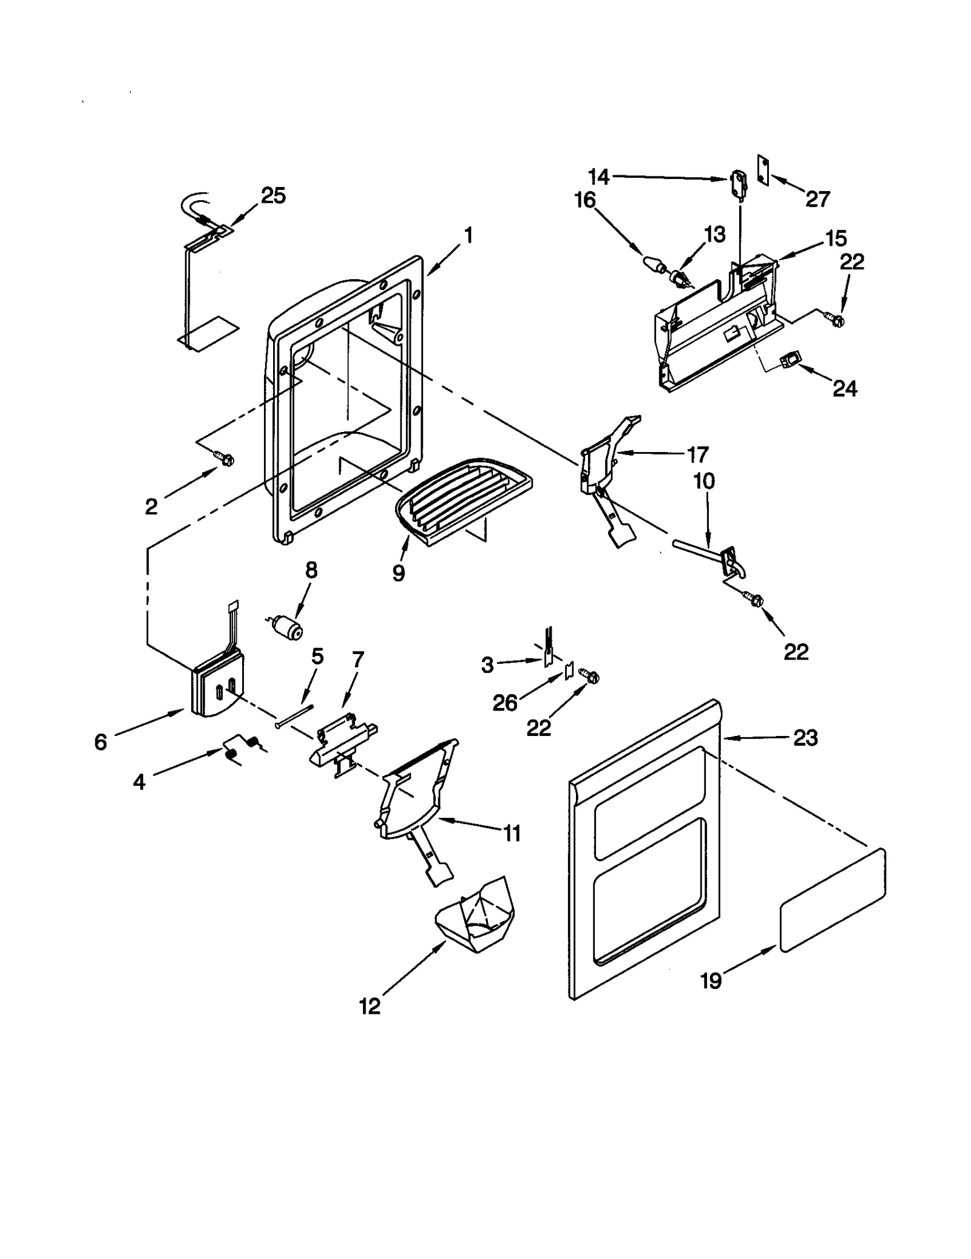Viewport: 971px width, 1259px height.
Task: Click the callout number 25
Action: click(x=273, y=196)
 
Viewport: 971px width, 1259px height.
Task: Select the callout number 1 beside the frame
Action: click(x=468, y=235)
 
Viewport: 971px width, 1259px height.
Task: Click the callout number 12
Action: click(x=370, y=1006)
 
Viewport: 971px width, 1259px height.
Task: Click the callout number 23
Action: click(x=805, y=738)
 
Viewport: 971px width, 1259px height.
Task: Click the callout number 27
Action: click(x=817, y=199)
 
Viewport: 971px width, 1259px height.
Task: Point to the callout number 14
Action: click(x=598, y=177)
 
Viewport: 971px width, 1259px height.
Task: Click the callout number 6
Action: click(x=101, y=741)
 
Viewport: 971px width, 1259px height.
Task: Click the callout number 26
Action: click(x=505, y=703)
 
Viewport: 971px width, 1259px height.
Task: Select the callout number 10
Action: click(x=704, y=481)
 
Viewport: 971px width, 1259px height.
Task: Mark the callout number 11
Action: click(x=512, y=834)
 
